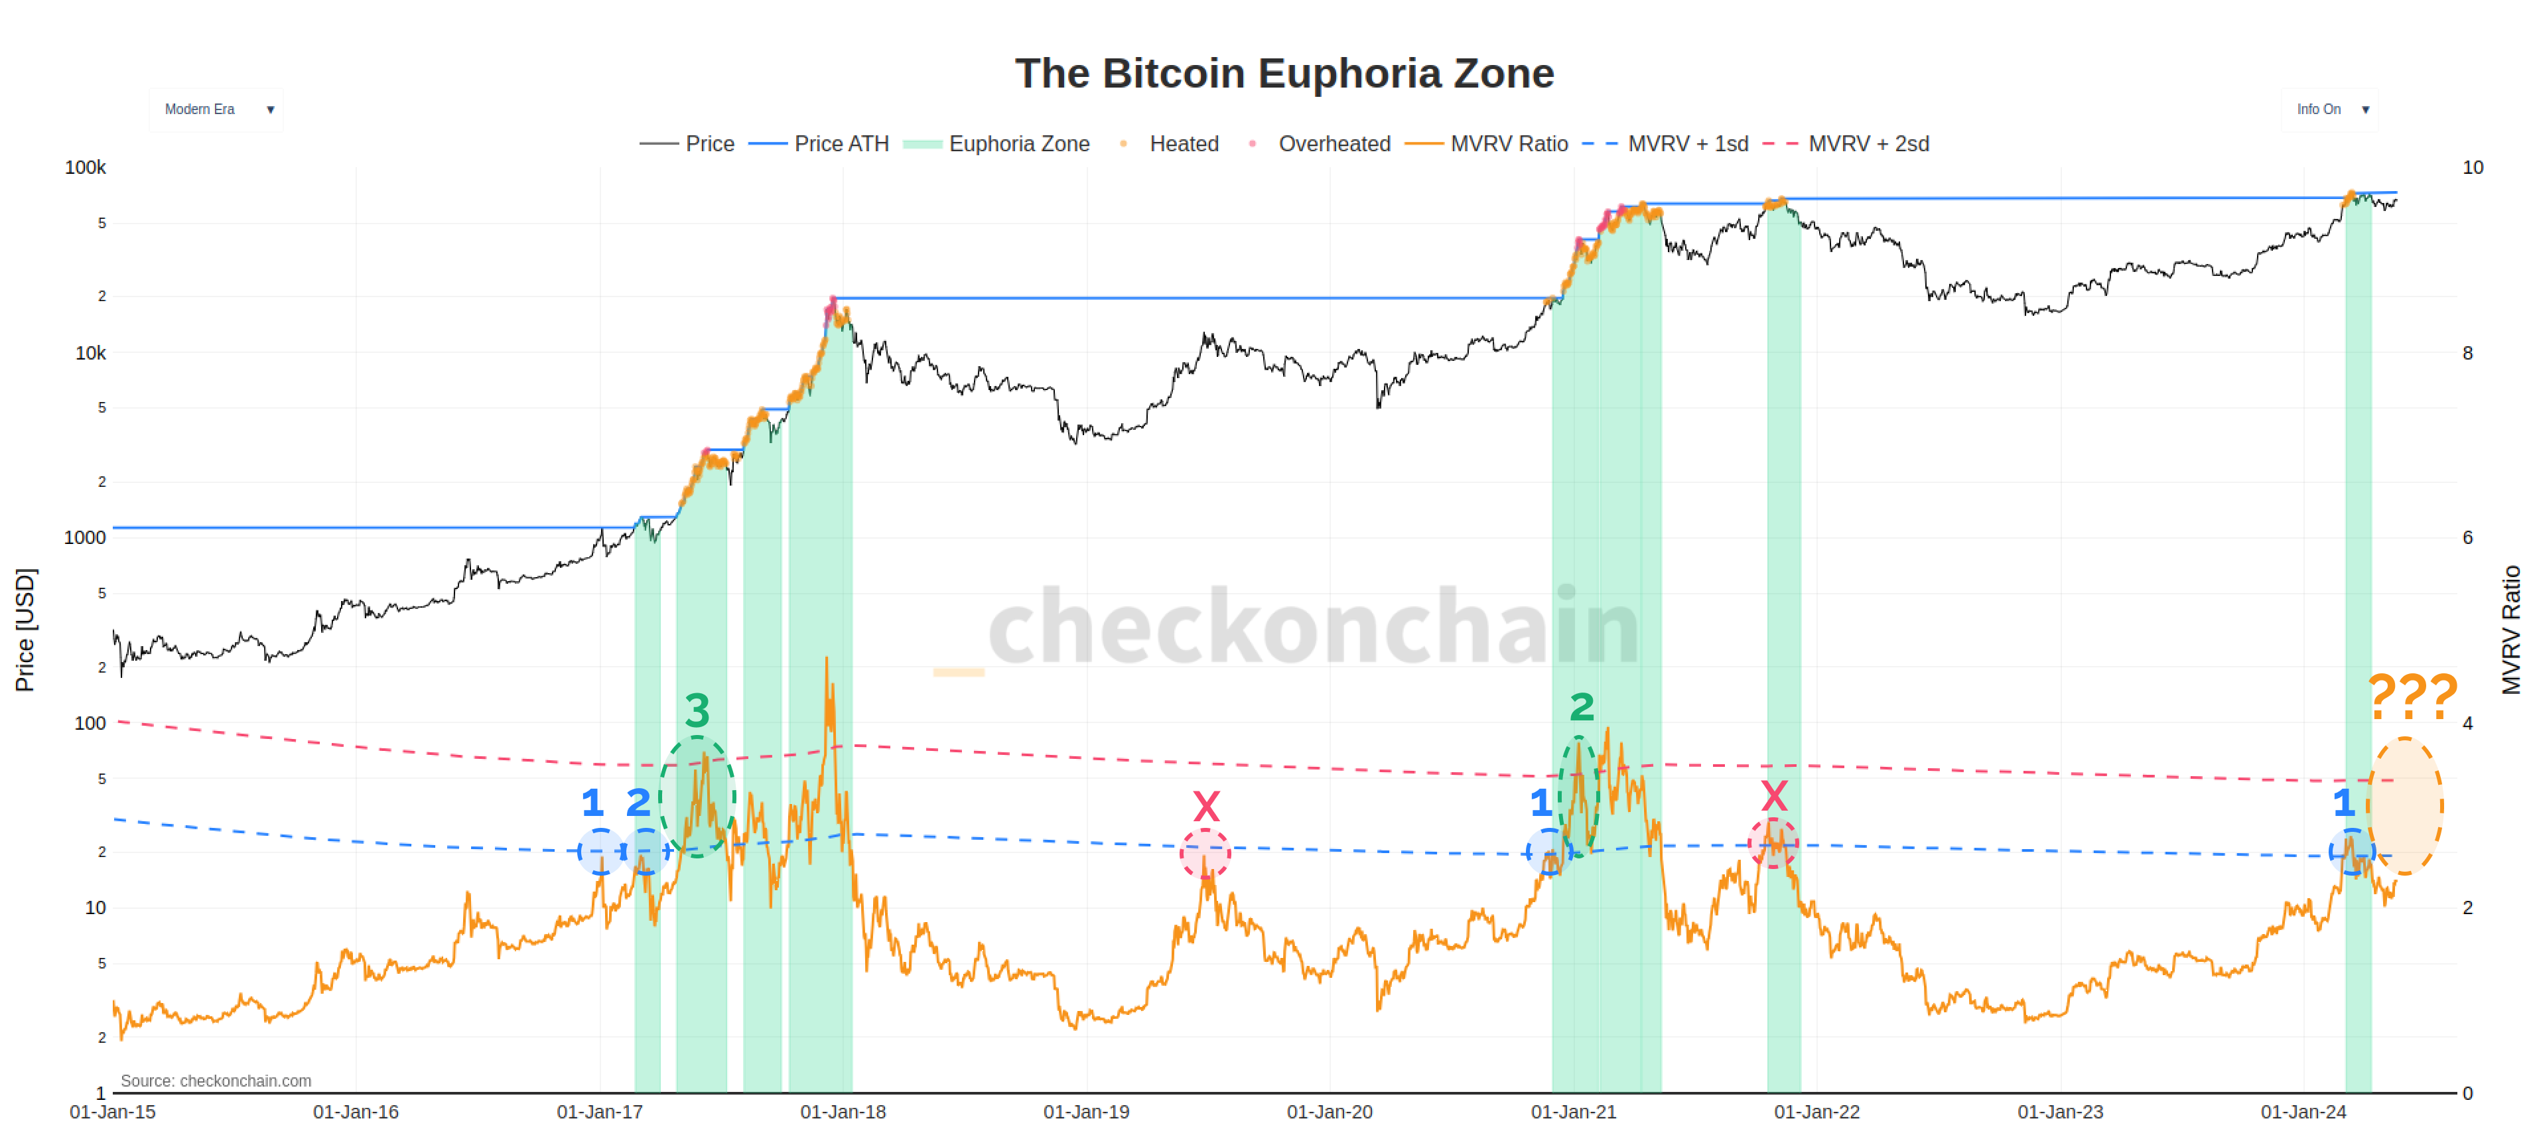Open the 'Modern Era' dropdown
click(216, 109)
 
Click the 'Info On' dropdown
click(2329, 109)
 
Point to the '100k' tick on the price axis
click(86, 167)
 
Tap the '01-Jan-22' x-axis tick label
click(1816, 1112)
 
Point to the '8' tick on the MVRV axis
click(2467, 353)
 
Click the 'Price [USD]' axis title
click(25, 630)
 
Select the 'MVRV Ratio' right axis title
click(2510, 630)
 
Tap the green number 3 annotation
click(697, 710)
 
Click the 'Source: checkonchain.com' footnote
click(216, 1080)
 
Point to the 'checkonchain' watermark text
click(1313, 626)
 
